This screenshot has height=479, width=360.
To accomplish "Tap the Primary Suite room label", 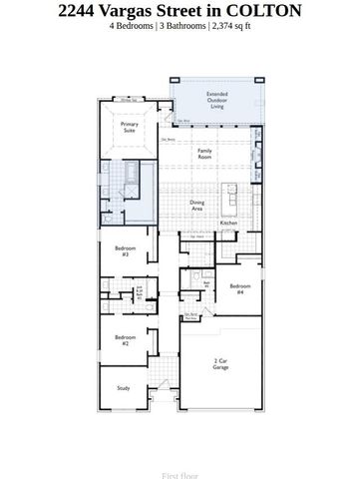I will pyautogui.click(x=130, y=128).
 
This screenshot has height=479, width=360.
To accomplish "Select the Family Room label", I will pyautogui.click(x=204, y=154).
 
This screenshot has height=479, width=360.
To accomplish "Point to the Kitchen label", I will pyautogui.click(x=227, y=223).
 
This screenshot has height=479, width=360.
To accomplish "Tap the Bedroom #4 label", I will pyautogui.click(x=239, y=288).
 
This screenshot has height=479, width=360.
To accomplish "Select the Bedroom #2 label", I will pyautogui.click(x=125, y=339).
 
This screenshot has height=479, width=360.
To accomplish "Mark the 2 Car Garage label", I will pyautogui.click(x=220, y=364).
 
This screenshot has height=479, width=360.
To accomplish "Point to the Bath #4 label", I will pyautogui.click(x=206, y=284).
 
